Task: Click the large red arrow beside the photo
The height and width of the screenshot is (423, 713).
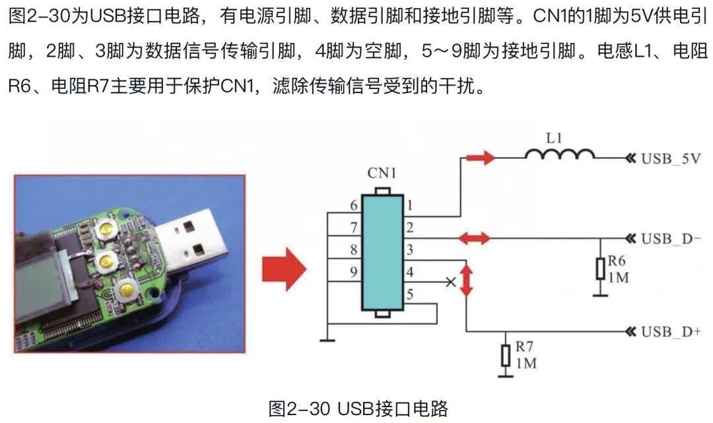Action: click(x=285, y=269)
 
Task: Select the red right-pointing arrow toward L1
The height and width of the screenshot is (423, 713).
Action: click(x=479, y=158)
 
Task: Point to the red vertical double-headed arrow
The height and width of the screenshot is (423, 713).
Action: click(x=466, y=280)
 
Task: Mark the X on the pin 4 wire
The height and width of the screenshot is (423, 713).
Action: click(x=451, y=282)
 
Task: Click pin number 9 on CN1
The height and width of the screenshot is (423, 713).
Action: click(x=354, y=270)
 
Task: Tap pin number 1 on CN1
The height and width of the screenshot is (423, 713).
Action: click(x=409, y=206)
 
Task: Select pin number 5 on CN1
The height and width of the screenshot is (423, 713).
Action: click(x=410, y=295)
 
